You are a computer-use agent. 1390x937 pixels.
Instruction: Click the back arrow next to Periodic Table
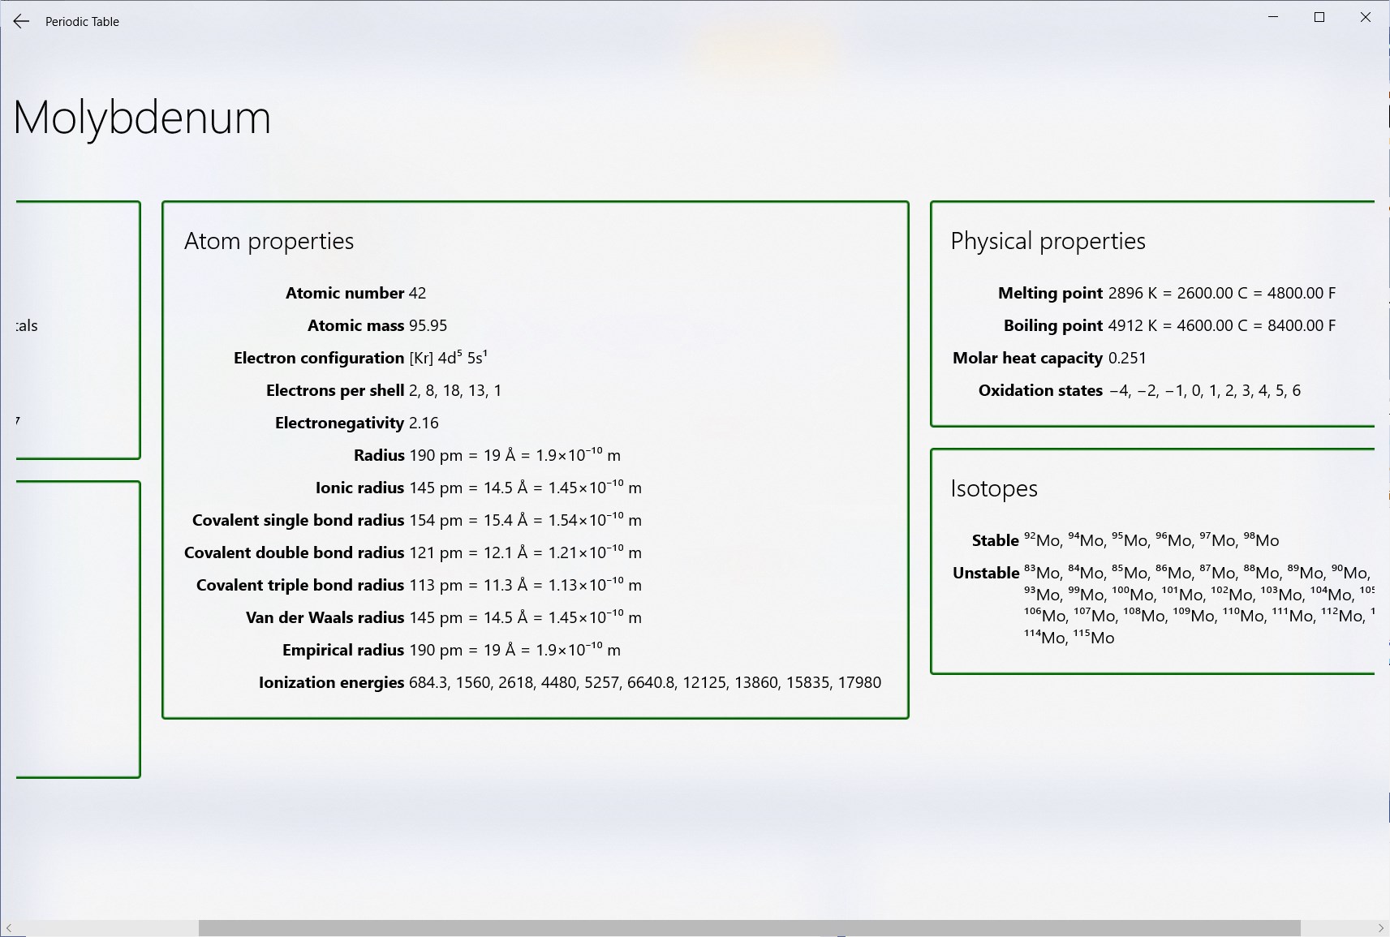(x=21, y=21)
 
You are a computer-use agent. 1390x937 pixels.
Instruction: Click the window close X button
(x=1365, y=17)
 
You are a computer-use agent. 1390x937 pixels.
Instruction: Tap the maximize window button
(x=1319, y=17)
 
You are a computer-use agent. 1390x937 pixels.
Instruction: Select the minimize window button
(x=1273, y=17)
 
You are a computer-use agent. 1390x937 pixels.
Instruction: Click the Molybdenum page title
(x=142, y=118)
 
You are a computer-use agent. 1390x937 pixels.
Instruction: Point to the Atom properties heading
(x=269, y=241)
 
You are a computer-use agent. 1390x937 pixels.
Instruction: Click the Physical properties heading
(x=1048, y=241)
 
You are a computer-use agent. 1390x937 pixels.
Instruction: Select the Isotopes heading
(x=994, y=488)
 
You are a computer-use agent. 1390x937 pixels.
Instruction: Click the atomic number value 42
(x=418, y=293)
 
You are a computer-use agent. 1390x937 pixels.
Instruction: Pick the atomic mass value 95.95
(x=428, y=325)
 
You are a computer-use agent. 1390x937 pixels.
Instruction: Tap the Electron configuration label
(x=319, y=358)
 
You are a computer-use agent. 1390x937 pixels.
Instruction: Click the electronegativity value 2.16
(x=424, y=423)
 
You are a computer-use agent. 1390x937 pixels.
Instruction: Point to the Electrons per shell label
(x=335, y=390)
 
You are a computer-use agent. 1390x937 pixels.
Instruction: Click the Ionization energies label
(x=331, y=682)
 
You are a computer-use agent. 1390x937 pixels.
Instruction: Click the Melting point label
(x=1050, y=293)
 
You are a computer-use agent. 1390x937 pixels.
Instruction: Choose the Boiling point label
(x=1053, y=325)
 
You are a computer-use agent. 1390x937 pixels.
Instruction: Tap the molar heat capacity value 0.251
(x=1127, y=358)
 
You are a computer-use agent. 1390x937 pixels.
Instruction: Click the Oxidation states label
(x=1040, y=390)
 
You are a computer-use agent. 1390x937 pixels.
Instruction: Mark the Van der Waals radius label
(x=325, y=617)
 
